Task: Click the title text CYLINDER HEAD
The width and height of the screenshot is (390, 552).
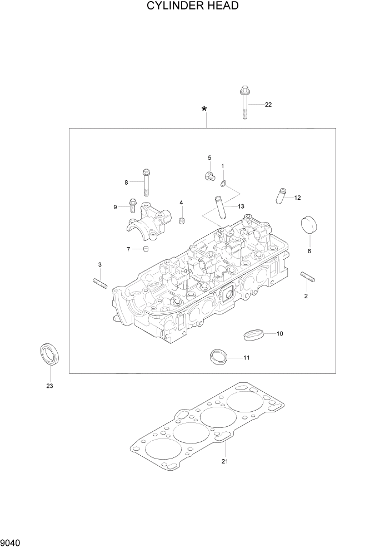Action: pos(193,7)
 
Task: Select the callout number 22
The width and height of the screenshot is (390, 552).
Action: pos(268,105)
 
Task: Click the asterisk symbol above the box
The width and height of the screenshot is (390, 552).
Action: pos(205,110)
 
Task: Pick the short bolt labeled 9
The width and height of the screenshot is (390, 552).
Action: pos(133,205)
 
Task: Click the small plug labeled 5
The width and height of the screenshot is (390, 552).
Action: pos(210,176)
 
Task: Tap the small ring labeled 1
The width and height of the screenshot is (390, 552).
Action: pos(223,183)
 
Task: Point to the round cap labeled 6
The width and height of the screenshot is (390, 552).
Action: pos(308,227)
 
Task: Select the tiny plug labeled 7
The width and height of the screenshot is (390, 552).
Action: pos(146,248)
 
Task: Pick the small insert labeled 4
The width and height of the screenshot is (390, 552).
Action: pos(181,222)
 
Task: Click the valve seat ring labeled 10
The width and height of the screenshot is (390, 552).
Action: pos(253,334)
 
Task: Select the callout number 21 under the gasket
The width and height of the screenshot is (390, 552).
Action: pos(224,461)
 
